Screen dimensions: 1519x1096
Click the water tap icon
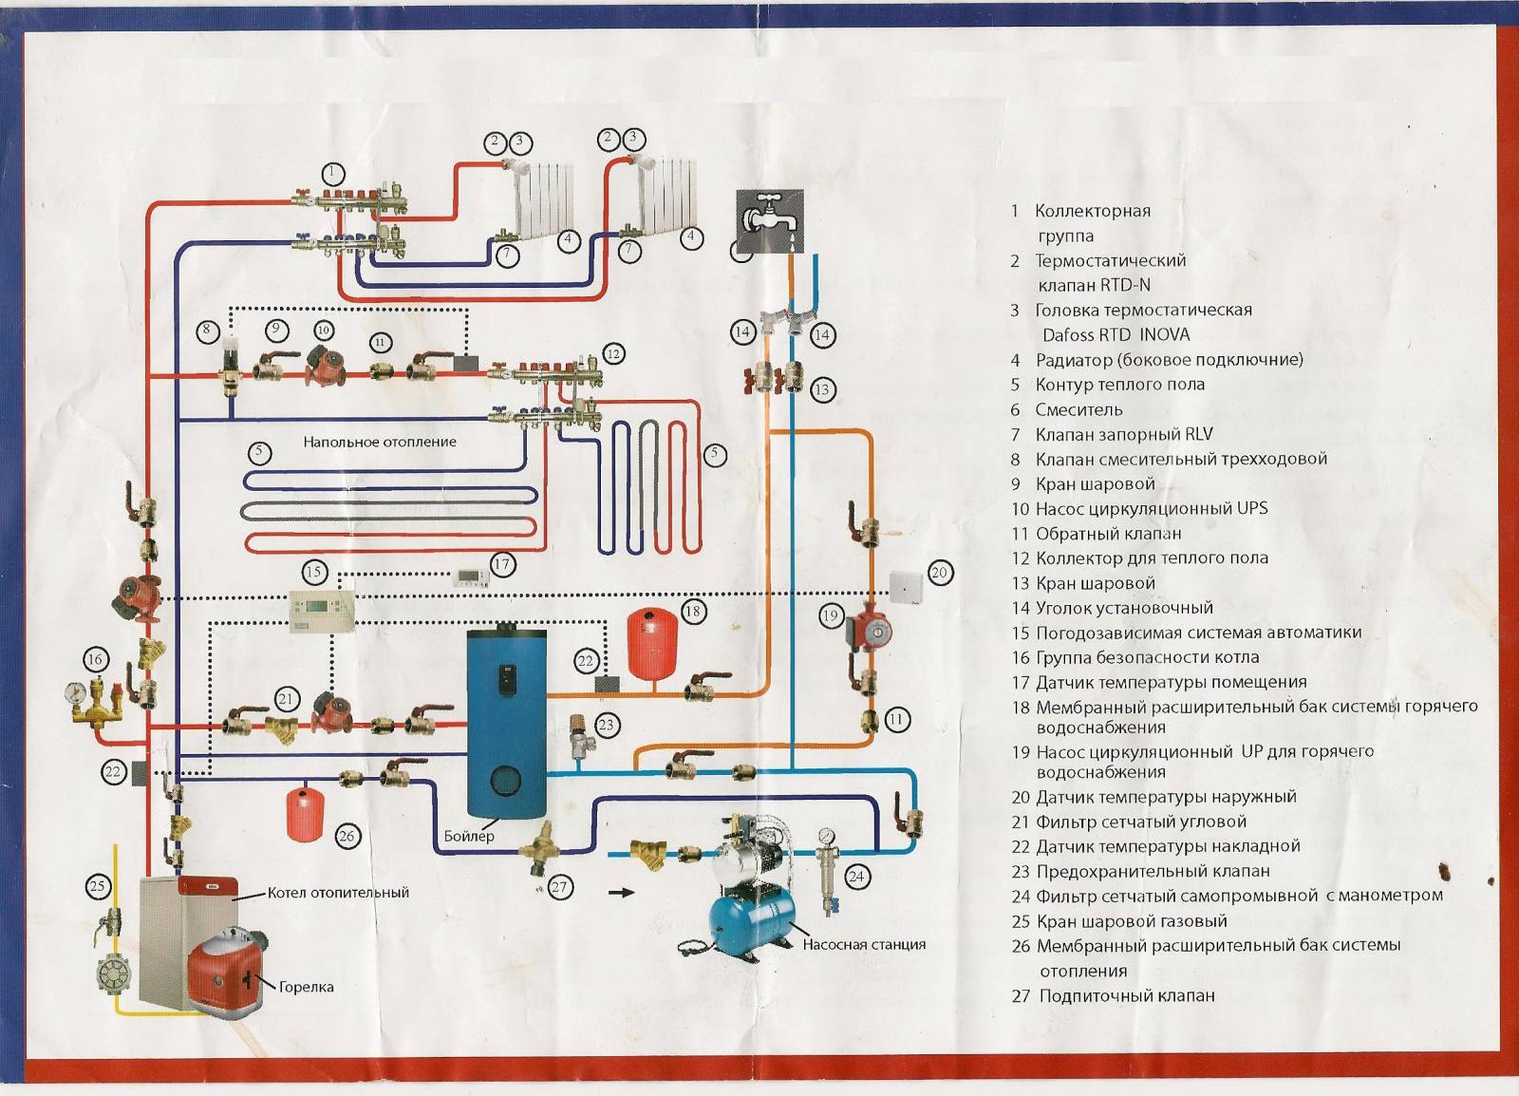pos(770,220)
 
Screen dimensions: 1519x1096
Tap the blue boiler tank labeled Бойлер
pos(507,724)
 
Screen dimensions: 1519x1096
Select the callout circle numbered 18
pos(692,611)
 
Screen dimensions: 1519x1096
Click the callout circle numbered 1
pos(331,174)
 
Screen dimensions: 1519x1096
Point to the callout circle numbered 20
pos(939,573)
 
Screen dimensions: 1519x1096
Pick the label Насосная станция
pos(864,944)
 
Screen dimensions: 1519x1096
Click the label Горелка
pos(306,987)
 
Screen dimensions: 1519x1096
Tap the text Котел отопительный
pos(338,893)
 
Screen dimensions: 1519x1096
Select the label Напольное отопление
pos(380,443)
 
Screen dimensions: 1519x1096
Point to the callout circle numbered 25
pos(98,886)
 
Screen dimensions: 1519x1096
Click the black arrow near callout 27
pos(621,893)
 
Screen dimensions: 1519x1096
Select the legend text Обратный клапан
pos(1109,534)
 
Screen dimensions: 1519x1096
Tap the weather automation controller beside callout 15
pos(322,611)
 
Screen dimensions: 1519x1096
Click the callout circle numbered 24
pos(856,877)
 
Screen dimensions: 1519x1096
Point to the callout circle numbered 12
pos(613,354)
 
